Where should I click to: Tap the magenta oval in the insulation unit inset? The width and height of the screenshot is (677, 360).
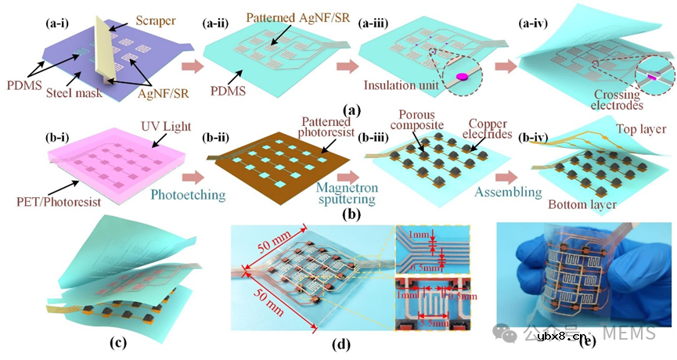click(x=462, y=77)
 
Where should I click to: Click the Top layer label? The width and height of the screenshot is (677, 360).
click(x=639, y=130)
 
